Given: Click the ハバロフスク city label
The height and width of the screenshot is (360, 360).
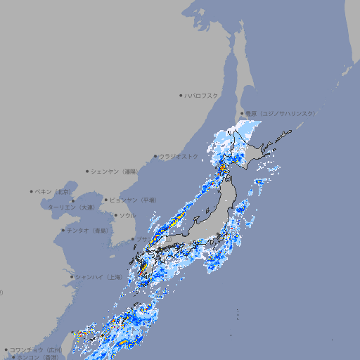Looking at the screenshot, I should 202,95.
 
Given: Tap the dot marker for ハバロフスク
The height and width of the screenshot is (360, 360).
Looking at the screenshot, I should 181,95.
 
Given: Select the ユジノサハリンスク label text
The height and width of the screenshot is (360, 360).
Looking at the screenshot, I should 279,113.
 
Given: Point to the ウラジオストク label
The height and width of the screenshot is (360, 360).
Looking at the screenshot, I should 179,156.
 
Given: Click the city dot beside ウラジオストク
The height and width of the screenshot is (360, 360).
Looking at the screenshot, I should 155,156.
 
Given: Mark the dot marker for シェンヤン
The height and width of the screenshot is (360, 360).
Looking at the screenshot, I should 87,171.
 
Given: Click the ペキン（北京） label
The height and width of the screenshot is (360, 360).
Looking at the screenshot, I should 54,191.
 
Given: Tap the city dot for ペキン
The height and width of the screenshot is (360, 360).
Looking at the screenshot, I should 32,191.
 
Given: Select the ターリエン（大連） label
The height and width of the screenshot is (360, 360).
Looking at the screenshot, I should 71,207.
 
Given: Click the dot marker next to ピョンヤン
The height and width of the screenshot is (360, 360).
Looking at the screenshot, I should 106,200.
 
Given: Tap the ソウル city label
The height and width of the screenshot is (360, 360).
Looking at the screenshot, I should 128,215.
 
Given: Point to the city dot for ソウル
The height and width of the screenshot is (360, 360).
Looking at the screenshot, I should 115,215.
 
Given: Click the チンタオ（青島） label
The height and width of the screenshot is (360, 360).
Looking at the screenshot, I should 88,230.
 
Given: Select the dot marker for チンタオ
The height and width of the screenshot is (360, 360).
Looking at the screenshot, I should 63,230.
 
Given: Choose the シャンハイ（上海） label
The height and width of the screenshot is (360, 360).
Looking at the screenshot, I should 98,277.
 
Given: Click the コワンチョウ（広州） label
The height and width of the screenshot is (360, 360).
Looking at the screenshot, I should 36,349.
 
